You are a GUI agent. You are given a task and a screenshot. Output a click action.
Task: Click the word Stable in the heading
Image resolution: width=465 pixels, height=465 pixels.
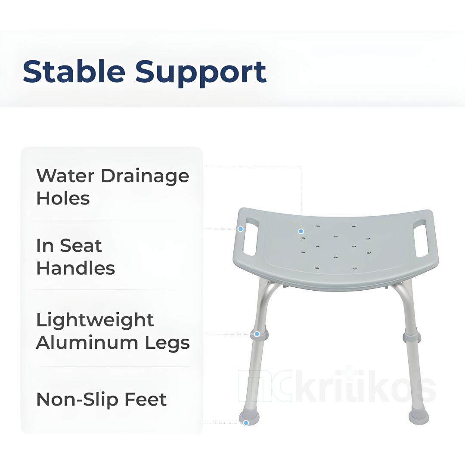click(x=74, y=71)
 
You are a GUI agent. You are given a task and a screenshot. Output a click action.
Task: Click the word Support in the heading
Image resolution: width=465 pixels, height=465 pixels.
click(x=201, y=74)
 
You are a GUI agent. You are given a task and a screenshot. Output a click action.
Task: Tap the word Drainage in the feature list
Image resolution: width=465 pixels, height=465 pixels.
click(x=145, y=176)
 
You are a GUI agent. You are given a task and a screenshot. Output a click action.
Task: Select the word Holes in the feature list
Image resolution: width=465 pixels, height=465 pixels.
click(x=63, y=198)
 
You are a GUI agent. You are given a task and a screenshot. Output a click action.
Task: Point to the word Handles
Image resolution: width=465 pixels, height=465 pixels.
click(x=76, y=268)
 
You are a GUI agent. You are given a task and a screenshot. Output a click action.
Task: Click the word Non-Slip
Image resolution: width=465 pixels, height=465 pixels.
click(x=77, y=400)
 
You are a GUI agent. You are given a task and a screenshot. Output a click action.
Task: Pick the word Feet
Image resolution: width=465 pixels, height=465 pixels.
click(x=146, y=400)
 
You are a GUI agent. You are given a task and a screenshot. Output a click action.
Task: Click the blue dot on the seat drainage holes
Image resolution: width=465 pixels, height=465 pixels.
click(x=301, y=231)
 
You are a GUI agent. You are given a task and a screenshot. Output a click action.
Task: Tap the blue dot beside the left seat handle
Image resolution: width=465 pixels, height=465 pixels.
click(x=241, y=229)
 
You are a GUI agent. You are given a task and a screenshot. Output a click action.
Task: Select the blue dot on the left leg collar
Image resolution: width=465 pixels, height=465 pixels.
click(x=257, y=334)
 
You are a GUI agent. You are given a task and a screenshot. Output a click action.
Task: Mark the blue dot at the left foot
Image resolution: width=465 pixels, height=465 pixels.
click(x=246, y=423)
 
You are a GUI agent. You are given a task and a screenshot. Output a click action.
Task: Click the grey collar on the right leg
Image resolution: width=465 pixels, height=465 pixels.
click(x=412, y=337)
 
